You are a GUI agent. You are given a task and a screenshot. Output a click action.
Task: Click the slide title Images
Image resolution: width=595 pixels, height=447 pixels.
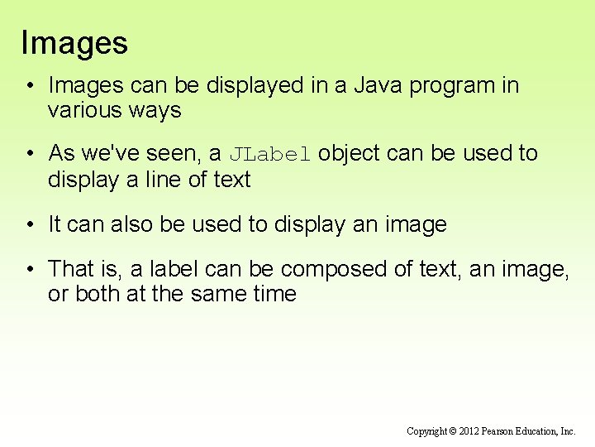pos(74,42)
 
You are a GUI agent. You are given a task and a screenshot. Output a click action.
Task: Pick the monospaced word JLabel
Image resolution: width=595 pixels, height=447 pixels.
pos(269,153)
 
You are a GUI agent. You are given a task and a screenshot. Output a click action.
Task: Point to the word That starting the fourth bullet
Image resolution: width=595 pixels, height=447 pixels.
pos(71,269)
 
